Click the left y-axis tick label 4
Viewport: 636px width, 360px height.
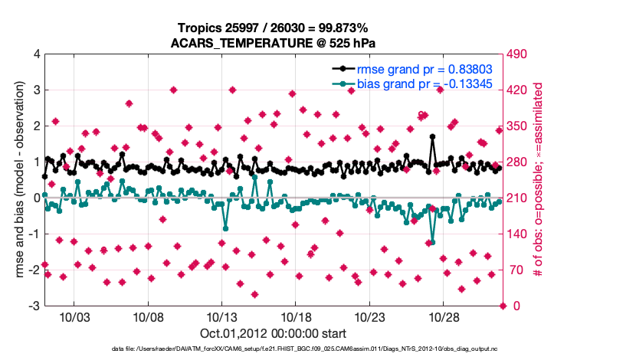click(36, 54)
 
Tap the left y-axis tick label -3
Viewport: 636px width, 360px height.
click(34, 306)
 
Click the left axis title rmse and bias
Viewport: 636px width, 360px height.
click(17, 180)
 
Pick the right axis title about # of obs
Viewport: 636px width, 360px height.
click(539, 180)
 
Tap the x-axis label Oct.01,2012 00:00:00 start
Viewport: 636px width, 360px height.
click(274, 333)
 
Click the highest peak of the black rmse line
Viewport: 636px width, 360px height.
click(433, 137)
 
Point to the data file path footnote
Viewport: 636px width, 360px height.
click(274, 349)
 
